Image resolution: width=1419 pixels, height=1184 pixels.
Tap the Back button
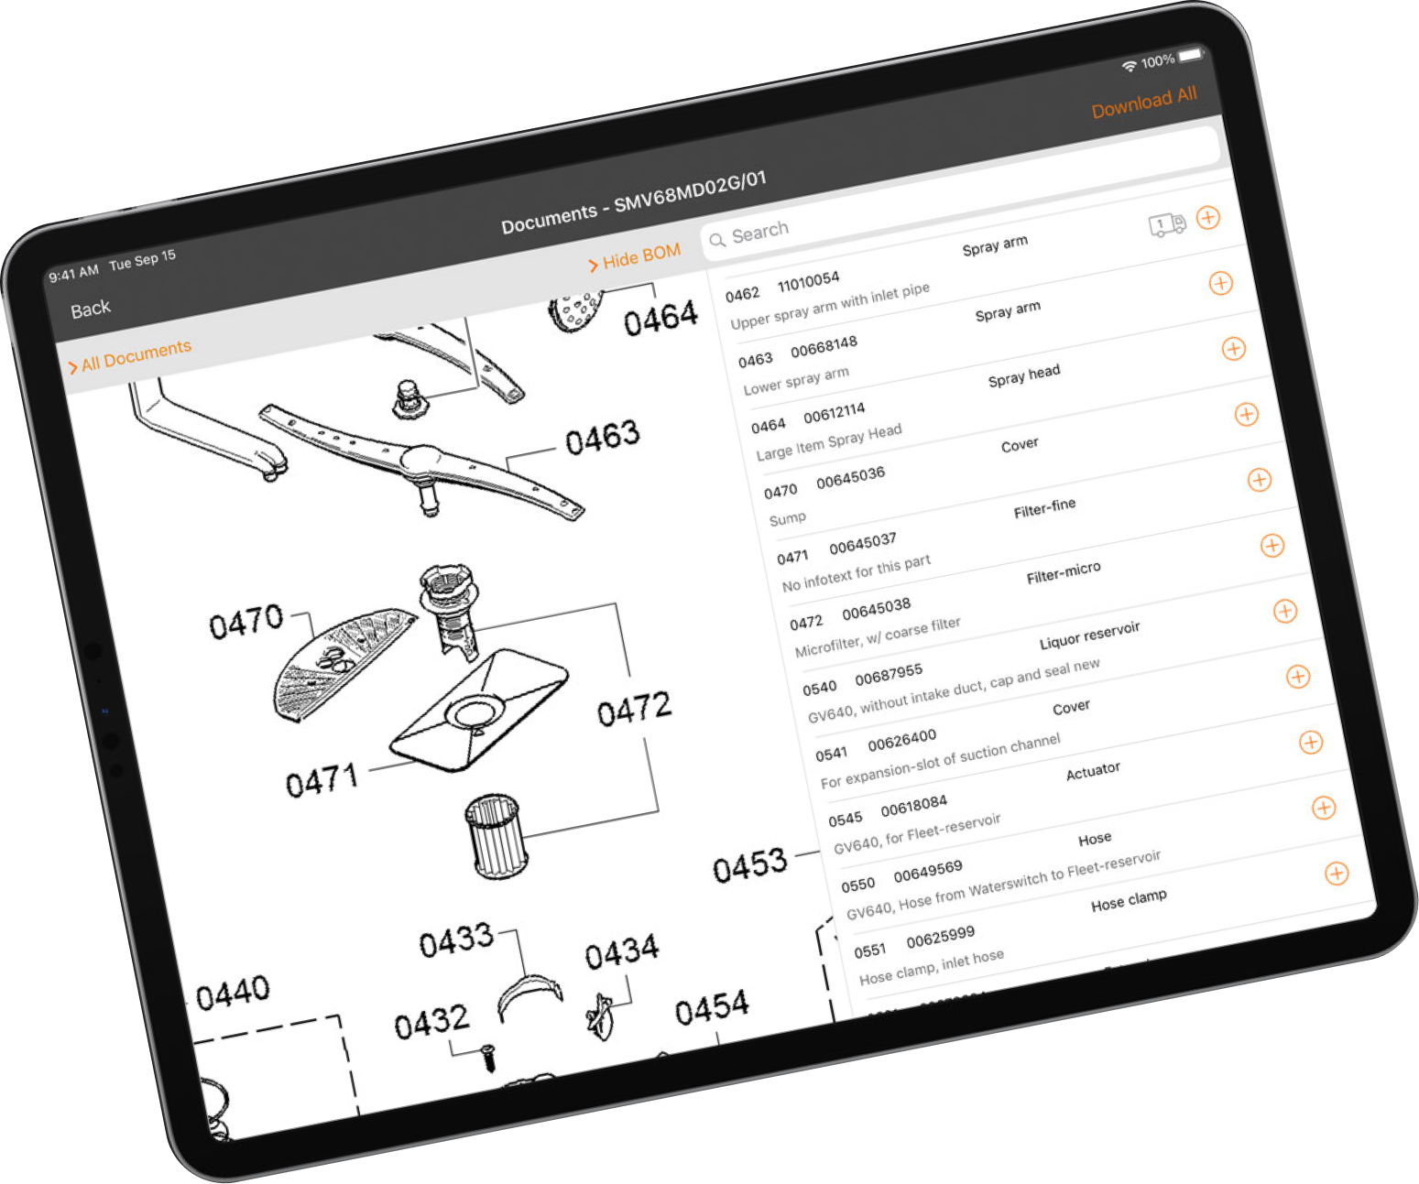pos(91,310)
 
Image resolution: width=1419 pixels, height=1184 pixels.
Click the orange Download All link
pos(1144,103)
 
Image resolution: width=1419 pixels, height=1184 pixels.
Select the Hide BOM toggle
pos(635,256)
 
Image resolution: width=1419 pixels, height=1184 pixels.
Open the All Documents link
pos(130,356)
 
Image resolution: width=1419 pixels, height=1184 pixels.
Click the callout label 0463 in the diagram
pos(602,437)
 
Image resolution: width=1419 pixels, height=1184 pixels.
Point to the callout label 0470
pos(246,622)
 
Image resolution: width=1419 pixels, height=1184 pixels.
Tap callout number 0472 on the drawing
pos(634,708)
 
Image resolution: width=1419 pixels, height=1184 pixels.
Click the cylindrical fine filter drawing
pos(497,835)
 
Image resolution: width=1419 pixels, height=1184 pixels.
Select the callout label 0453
pos(749,864)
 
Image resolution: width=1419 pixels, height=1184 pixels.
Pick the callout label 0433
pos(456,940)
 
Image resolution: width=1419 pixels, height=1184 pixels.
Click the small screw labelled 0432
pos(488,1057)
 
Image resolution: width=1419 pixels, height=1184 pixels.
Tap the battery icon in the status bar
pos(1190,55)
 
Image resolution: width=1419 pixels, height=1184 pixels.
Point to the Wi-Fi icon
pos(1129,66)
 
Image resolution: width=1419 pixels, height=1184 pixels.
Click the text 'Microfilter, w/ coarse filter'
pos(878,636)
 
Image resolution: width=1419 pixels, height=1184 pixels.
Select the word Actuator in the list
pos(1093,772)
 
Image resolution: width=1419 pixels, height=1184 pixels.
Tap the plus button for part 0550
pos(1337,873)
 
